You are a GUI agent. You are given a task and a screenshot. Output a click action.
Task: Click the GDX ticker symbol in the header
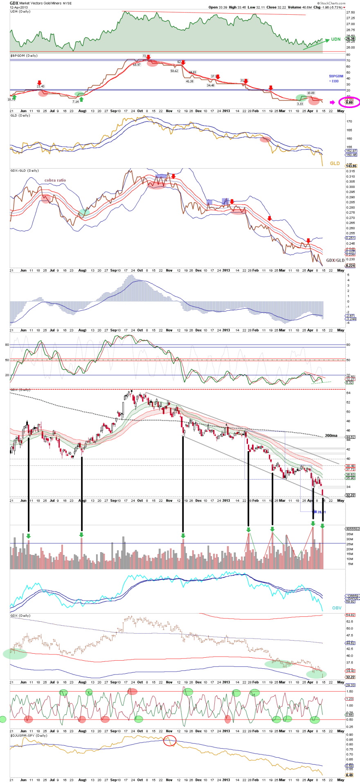click(14, 3)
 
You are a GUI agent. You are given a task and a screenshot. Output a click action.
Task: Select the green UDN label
click(335, 40)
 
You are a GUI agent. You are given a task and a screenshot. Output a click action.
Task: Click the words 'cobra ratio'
click(55, 180)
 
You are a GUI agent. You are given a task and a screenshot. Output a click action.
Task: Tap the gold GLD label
click(335, 163)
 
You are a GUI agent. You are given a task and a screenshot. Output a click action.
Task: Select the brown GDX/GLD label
click(335, 261)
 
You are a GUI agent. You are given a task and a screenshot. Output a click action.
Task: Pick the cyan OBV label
click(336, 608)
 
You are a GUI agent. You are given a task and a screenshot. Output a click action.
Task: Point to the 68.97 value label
click(137, 65)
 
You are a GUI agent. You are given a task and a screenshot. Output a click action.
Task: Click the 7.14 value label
click(75, 102)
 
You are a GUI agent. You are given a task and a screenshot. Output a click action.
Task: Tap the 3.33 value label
click(300, 104)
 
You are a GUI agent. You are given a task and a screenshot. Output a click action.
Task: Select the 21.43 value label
click(40, 86)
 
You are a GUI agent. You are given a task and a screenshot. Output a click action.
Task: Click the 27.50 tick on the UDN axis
click(350, 18)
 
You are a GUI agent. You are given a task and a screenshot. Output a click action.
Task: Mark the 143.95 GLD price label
click(351, 166)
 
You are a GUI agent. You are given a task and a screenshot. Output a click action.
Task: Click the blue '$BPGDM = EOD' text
click(336, 79)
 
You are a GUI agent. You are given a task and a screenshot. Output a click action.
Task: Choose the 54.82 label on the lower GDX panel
click(351, 615)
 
